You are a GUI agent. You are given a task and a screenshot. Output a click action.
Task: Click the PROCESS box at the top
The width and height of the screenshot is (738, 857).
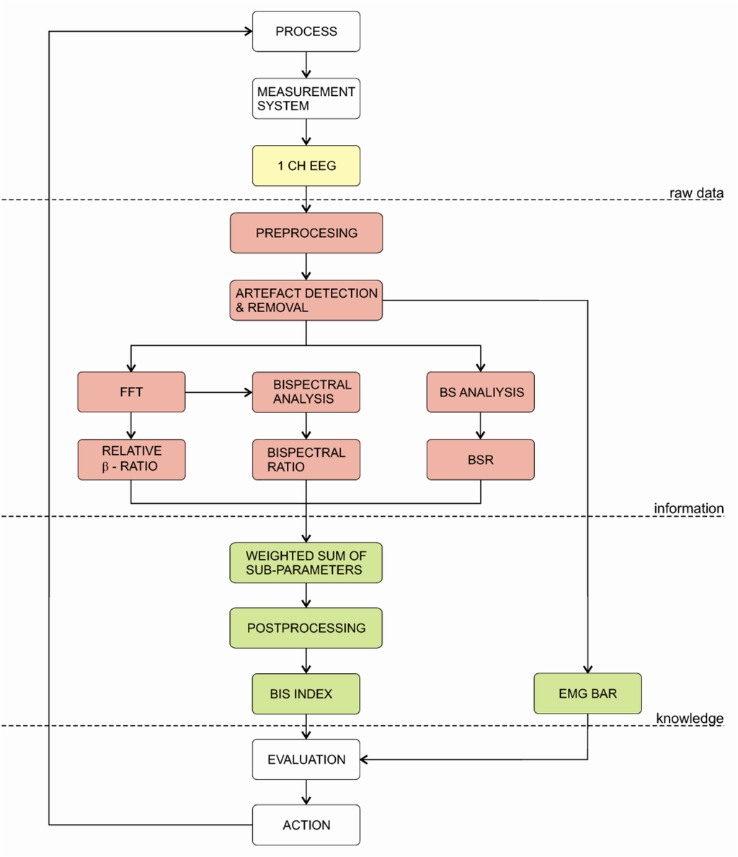[x=306, y=32]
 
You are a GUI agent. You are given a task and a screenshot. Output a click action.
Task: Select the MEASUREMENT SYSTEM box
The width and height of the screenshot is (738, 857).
[x=306, y=99]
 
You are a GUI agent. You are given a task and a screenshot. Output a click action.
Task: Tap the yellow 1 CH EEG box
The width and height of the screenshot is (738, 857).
[x=306, y=166]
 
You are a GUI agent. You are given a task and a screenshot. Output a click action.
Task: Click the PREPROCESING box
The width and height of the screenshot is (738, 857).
[x=306, y=233]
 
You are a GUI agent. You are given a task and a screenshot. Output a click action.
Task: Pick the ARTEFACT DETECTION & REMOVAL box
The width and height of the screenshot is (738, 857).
[x=306, y=300]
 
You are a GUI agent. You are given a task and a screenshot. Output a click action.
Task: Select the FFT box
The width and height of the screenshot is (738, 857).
[x=131, y=392]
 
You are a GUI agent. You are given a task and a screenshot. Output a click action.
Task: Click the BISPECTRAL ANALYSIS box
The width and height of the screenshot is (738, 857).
[x=306, y=392]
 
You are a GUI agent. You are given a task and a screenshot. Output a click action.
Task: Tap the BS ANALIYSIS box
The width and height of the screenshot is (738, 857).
[x=480, y=392]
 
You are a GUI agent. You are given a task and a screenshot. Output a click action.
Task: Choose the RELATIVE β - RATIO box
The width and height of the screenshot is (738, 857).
[x=131, y=459]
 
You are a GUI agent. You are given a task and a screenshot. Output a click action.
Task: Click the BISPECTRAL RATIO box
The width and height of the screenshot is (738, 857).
[x=306, y=459]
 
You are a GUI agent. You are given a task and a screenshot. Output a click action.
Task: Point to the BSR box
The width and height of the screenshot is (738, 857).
[x=480, y=459]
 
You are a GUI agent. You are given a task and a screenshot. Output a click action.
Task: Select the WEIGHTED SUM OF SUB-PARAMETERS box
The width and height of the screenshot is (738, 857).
[x=306, y=562]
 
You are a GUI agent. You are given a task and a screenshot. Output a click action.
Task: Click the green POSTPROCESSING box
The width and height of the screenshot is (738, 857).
[x=306, y=628]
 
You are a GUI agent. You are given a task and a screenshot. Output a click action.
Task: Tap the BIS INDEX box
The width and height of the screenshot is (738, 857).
[x=306, y=694]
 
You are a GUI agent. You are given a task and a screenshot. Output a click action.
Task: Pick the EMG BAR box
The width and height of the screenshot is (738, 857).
[x=587, y=694]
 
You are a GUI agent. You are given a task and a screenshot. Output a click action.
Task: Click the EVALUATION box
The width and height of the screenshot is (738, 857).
[x=306, y=760]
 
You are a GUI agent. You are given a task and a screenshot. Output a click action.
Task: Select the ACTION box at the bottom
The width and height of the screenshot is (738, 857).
[x=306, y=825]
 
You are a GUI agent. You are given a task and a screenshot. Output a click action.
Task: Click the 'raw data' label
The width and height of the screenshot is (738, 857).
[x=695, y=192]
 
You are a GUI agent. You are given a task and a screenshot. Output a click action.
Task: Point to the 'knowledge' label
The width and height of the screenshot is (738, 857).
[x=690, y=718]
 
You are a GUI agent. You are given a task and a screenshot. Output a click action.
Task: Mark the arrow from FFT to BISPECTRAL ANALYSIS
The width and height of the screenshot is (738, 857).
[x=218, y=392]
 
